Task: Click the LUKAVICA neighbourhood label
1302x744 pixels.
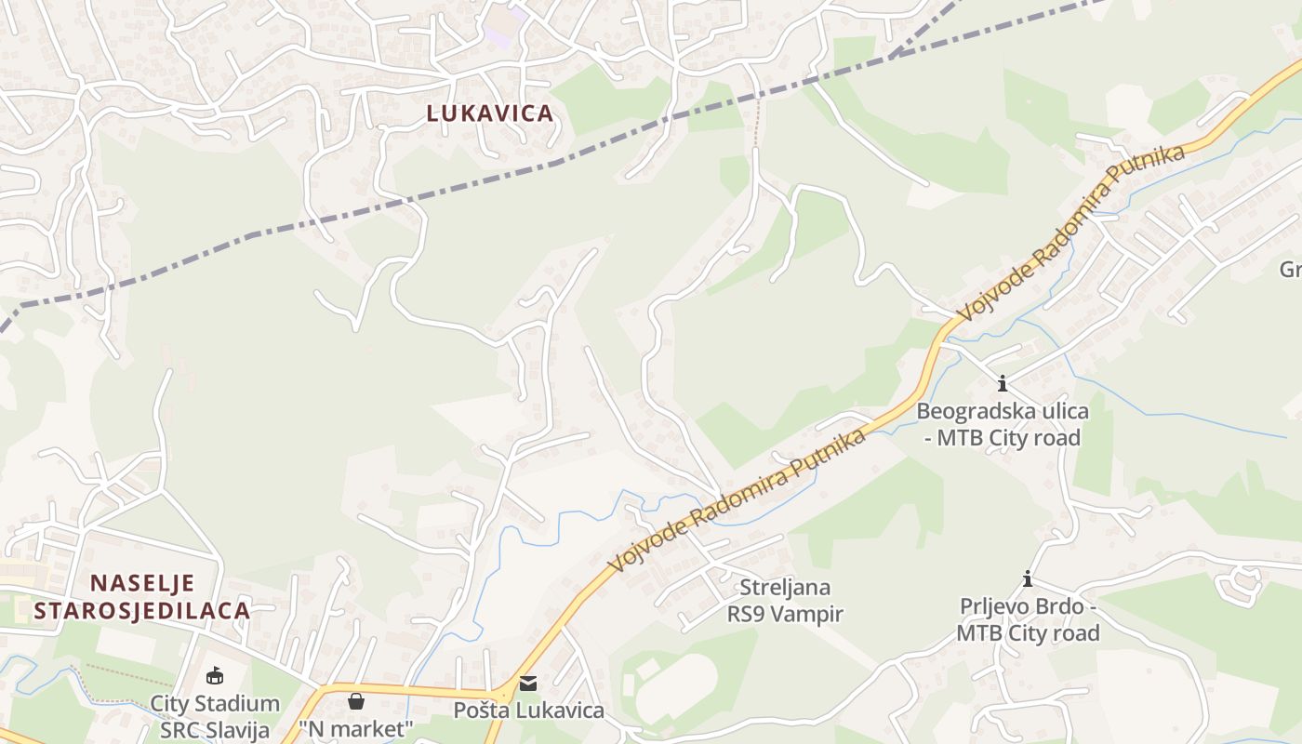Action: coord(490,113)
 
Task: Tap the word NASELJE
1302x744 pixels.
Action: coord(142,583)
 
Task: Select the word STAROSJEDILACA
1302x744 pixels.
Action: coord(142,611)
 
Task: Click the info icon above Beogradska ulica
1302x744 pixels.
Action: coord(1002,383)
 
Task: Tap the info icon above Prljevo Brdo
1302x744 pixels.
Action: coord(1028,579)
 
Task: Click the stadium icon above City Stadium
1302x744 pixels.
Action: coord(215,675)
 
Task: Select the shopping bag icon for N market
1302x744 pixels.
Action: coord(355,700)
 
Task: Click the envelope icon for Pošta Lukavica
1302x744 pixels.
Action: coord(528,684)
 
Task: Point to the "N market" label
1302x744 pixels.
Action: coord(355,728)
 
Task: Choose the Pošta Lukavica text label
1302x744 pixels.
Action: coord(528,711)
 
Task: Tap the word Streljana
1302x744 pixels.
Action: coord(785,588)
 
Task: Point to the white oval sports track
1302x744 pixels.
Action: coord(680,687)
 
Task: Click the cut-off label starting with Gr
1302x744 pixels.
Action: coord(1291,270)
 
